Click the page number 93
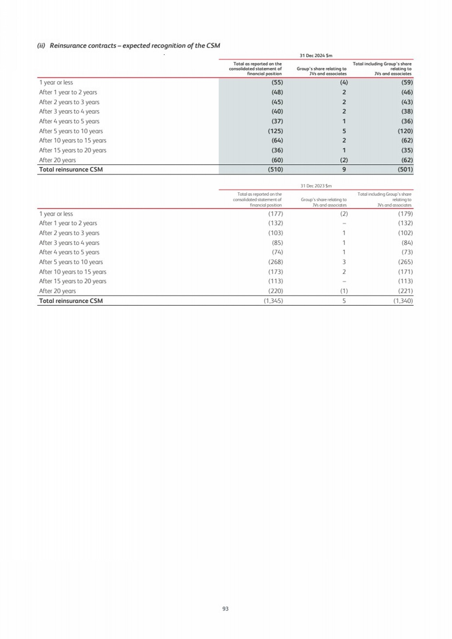click(x=225, y=608)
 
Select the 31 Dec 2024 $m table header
click(x=316, y=56)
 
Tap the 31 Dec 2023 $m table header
click(x=316, y=186)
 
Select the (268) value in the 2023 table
click(x=275, y=262)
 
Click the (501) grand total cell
click(x=405, y=170)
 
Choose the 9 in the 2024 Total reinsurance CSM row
click(x=344, y=170)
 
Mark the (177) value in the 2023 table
click(x=275, y=214)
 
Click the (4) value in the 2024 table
click(x=344, y=82)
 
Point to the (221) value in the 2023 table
click(x=405, y=291)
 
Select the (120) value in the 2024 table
click(x=405, y=131)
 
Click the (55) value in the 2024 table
click(x=277, y=82)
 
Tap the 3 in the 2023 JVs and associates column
click(x=344, y=262)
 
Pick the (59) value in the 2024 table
click(x=407, y=82)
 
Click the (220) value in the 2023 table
click(x=275, y=291)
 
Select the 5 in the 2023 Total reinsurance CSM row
click(x=344, y=301)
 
